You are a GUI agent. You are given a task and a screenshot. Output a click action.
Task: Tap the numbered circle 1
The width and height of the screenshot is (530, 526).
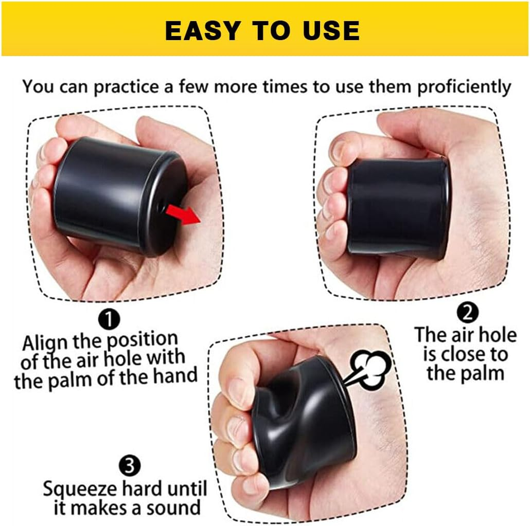[109, 320]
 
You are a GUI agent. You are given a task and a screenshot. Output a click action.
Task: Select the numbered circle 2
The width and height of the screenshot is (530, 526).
[468, 312]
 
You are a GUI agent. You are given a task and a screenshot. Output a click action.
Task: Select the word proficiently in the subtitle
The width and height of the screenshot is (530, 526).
[464, 86]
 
